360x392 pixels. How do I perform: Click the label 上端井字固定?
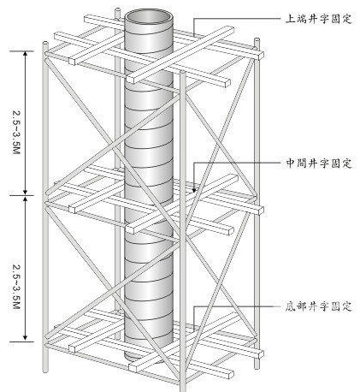319,19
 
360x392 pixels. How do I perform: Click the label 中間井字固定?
319,163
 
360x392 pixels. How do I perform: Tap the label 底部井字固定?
319,306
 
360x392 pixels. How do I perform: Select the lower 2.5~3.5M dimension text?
16,287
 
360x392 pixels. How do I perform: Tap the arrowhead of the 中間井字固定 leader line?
194,189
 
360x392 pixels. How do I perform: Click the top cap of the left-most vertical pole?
45,44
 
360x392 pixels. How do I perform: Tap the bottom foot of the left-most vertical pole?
45,371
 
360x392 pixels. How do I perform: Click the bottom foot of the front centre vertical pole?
183,389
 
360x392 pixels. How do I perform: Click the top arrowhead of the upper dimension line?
26,54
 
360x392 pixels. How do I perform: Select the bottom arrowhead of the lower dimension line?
26,338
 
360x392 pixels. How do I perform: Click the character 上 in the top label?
291,19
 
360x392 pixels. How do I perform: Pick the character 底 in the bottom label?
291,306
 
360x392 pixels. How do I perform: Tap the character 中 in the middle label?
291,163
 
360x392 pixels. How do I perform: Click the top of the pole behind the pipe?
118,11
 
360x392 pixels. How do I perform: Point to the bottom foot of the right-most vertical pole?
257,365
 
